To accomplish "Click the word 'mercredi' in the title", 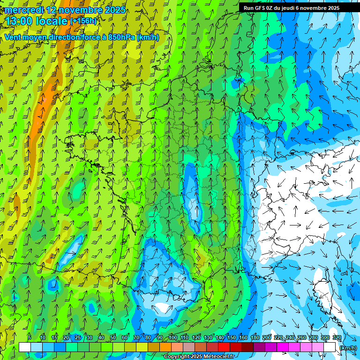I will (24, 9).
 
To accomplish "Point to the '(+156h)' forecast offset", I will (83, 21).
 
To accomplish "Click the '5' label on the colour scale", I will (30, 338).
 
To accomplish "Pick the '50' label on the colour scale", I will (112, 338).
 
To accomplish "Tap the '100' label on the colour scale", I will (172, 338).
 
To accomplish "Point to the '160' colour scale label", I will (243, 338).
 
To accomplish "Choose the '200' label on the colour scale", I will (266, 338).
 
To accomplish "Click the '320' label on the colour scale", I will (337, 338).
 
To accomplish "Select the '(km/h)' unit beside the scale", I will (347, 347).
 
